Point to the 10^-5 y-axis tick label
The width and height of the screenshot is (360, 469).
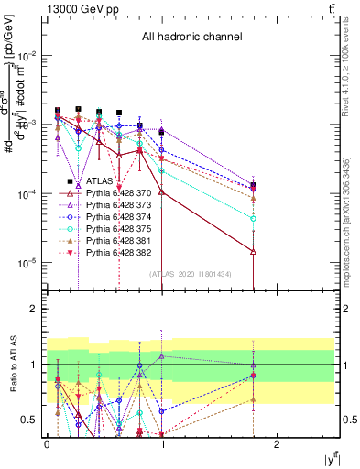point(29,263)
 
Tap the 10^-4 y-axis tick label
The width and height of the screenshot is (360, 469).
point(29,194)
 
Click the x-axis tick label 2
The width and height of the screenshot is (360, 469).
point(278,443)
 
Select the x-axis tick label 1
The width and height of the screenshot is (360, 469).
point(162,443)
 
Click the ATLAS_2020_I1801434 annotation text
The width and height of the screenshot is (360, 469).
point(191,273)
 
